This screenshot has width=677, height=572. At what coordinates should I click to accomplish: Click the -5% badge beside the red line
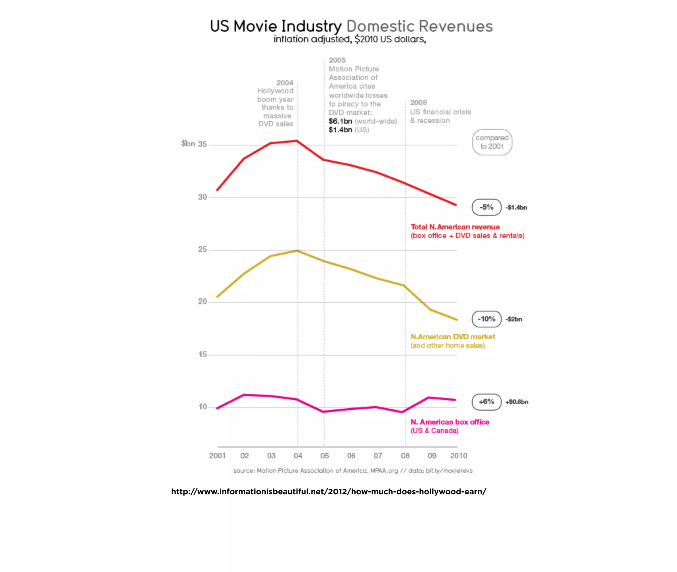[486, 207]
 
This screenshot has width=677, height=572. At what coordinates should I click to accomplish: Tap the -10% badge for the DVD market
[486, 319]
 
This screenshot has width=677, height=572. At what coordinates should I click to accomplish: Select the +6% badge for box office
[486, 402]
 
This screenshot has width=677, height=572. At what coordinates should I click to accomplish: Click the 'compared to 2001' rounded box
[492, 142]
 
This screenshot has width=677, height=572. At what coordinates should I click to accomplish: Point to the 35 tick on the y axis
[202, 144]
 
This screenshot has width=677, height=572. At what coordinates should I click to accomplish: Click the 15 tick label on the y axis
[202, 354]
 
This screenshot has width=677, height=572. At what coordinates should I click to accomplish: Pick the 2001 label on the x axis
[217, 456]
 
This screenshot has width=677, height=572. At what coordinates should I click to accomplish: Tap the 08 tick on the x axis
[405, 456]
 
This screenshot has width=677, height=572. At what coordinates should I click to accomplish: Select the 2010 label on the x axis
[458, 456]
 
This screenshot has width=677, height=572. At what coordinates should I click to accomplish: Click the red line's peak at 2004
[297, 141]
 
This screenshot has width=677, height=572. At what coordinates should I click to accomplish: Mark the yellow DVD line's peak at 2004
[298, 251]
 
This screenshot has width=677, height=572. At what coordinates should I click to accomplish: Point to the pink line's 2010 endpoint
[455, 400]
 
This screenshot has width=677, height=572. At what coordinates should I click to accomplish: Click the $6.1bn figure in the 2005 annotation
[340, 121]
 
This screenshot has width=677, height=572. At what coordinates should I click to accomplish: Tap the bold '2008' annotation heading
[418, 103]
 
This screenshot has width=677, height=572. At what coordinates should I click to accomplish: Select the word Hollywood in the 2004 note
[275, 91]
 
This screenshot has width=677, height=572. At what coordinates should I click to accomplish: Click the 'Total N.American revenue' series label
[455, 227]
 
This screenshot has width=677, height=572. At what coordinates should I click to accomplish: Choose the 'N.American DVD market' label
[453, 337]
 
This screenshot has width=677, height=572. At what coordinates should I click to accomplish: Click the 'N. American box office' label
[450, 422]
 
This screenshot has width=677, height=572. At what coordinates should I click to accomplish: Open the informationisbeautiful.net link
[329, 491]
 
